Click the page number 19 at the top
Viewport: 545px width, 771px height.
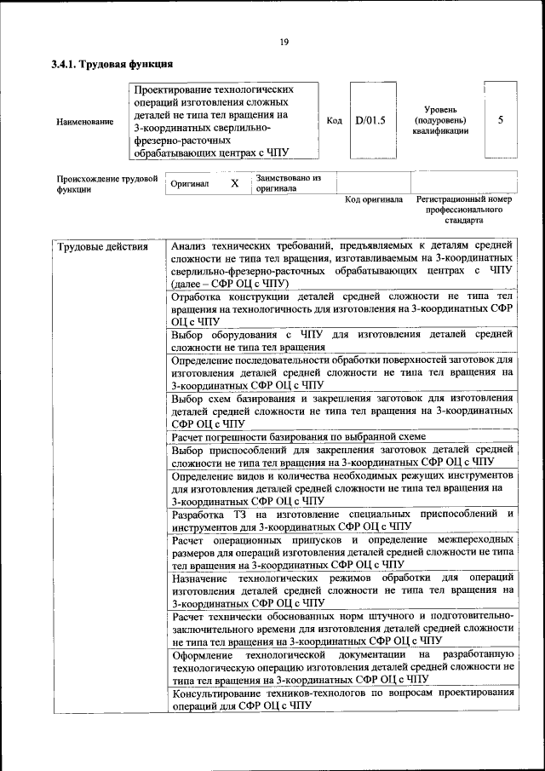coord(284,42)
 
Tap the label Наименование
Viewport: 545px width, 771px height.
coord(84,122)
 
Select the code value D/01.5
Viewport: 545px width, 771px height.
coord(370,120)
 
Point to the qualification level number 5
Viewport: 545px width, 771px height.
coord(501,120)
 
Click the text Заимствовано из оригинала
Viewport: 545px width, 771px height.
coord(288,183)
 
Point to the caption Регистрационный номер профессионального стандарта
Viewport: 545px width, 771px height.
coord(463,209)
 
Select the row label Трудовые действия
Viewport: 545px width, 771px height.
coord(102,247)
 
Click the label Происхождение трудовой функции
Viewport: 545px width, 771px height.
coord(107,184)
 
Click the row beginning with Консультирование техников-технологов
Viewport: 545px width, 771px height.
coord(341,699)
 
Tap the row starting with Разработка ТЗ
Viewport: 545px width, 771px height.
coord(341,521)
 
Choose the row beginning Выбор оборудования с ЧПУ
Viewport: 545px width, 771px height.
coord(341,341)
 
